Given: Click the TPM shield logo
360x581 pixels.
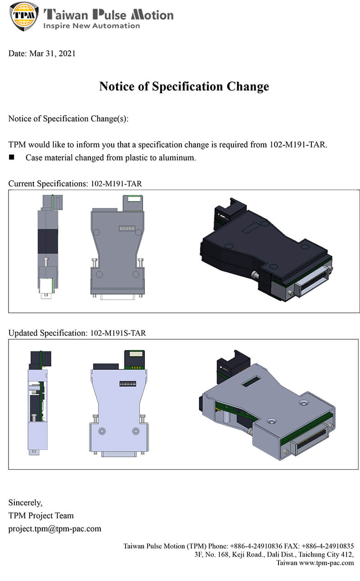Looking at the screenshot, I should click(24, 16).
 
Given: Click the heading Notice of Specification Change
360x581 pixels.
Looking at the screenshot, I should click(184, 86).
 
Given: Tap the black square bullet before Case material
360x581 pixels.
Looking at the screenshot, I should click(12, 158).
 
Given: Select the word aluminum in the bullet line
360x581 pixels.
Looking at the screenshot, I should click(180, 158).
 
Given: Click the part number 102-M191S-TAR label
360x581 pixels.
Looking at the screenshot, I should click(118, 333).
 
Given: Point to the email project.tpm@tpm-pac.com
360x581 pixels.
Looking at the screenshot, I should click(55, 528).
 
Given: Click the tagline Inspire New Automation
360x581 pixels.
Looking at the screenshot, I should click(91, 26).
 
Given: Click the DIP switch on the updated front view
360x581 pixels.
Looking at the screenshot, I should click(127, 385).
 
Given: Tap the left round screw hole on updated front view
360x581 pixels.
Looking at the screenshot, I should click(103, 431).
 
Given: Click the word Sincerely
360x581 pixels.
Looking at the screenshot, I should click(26, 502).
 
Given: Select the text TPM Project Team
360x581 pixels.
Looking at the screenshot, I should click(41, 515).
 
